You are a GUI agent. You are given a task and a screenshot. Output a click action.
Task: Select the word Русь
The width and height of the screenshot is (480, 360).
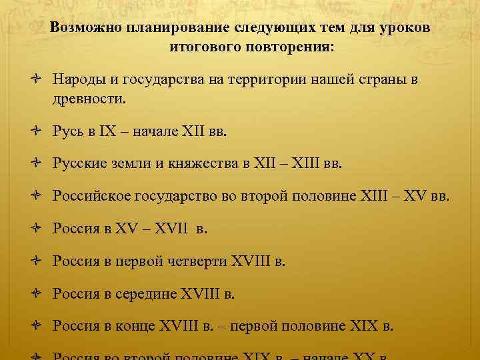tap(67, 131)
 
